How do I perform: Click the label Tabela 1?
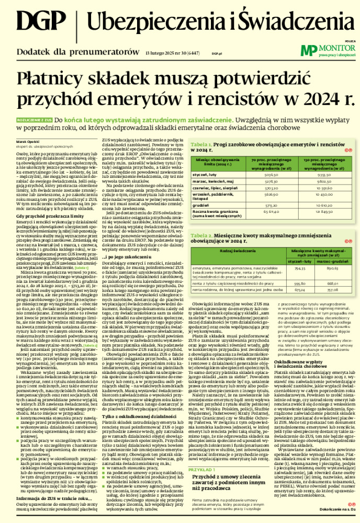coord(201,129)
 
